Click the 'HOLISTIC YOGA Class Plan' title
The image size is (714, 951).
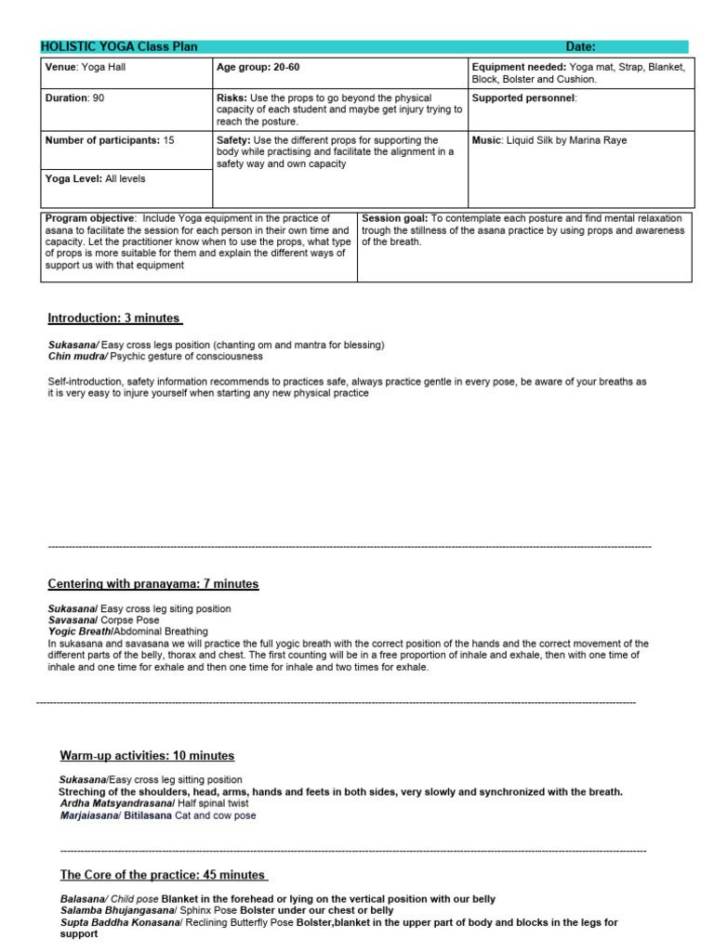119,47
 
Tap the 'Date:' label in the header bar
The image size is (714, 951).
580,47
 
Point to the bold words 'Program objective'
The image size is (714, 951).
89,218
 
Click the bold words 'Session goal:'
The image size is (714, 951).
395,218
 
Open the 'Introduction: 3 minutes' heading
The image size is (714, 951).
114,319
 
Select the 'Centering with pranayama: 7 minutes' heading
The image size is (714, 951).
153,584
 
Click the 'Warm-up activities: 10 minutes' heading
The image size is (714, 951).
147,756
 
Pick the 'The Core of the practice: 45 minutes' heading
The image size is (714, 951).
164,875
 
